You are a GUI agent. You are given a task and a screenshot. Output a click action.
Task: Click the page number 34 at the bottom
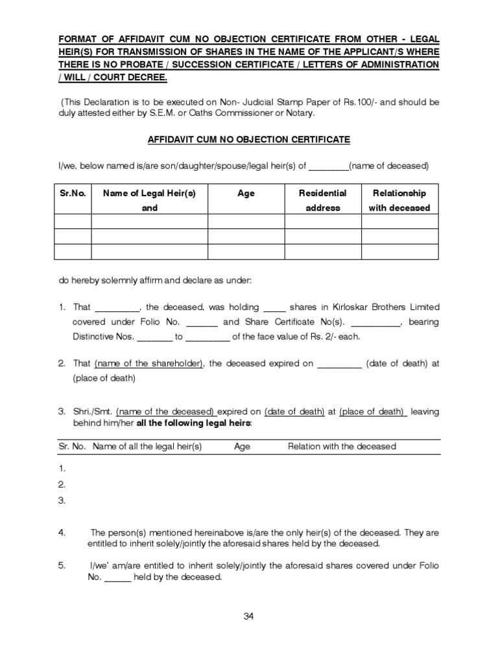tap(248, 616)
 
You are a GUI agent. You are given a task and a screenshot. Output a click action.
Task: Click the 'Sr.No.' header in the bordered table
tap(72, 193)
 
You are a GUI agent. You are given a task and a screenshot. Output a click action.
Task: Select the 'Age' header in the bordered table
tap(246, 193)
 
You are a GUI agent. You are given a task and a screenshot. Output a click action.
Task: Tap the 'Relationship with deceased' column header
tap(398, 200)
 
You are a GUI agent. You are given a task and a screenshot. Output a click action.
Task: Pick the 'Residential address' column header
tap(322, 200)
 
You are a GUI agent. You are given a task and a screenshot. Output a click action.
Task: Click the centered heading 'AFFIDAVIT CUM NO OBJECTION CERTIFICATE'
tap(249, 139)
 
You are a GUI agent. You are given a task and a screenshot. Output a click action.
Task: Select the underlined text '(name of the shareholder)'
tap(149, 364)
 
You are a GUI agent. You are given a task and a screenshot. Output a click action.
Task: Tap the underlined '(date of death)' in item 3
tap(294, 412)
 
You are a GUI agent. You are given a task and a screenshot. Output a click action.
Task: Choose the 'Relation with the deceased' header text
tap(342, 447)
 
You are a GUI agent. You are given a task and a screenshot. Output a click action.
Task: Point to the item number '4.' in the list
tap(62, 533)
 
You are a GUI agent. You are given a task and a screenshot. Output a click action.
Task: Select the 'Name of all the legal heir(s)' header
tap(147, 447)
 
